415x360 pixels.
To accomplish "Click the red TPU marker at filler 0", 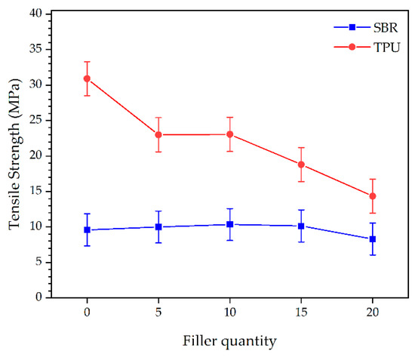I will tap(87, 78).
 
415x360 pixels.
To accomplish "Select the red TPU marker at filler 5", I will tap(158, 134).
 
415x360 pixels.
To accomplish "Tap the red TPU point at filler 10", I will tap(229, 134).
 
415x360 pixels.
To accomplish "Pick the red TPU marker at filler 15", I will tap(301, 165).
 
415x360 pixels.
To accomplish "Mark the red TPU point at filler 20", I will tap(372, 196).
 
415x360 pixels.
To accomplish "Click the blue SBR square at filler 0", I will tap(87, 229).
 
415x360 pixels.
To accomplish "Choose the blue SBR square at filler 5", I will tap(158, 226).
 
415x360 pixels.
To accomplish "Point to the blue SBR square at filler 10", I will tap(229, 224).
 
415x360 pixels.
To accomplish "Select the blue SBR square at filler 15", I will tap(301, 226).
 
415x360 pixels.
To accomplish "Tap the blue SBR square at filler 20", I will tap(372, 239).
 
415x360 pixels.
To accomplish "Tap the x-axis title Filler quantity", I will tap(229, 340).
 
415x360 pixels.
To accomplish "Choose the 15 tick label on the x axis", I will tap(301, 312).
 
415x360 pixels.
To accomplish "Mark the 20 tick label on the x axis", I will tap(372, 312).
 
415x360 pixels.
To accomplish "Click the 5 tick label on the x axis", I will tap(158, 312).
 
